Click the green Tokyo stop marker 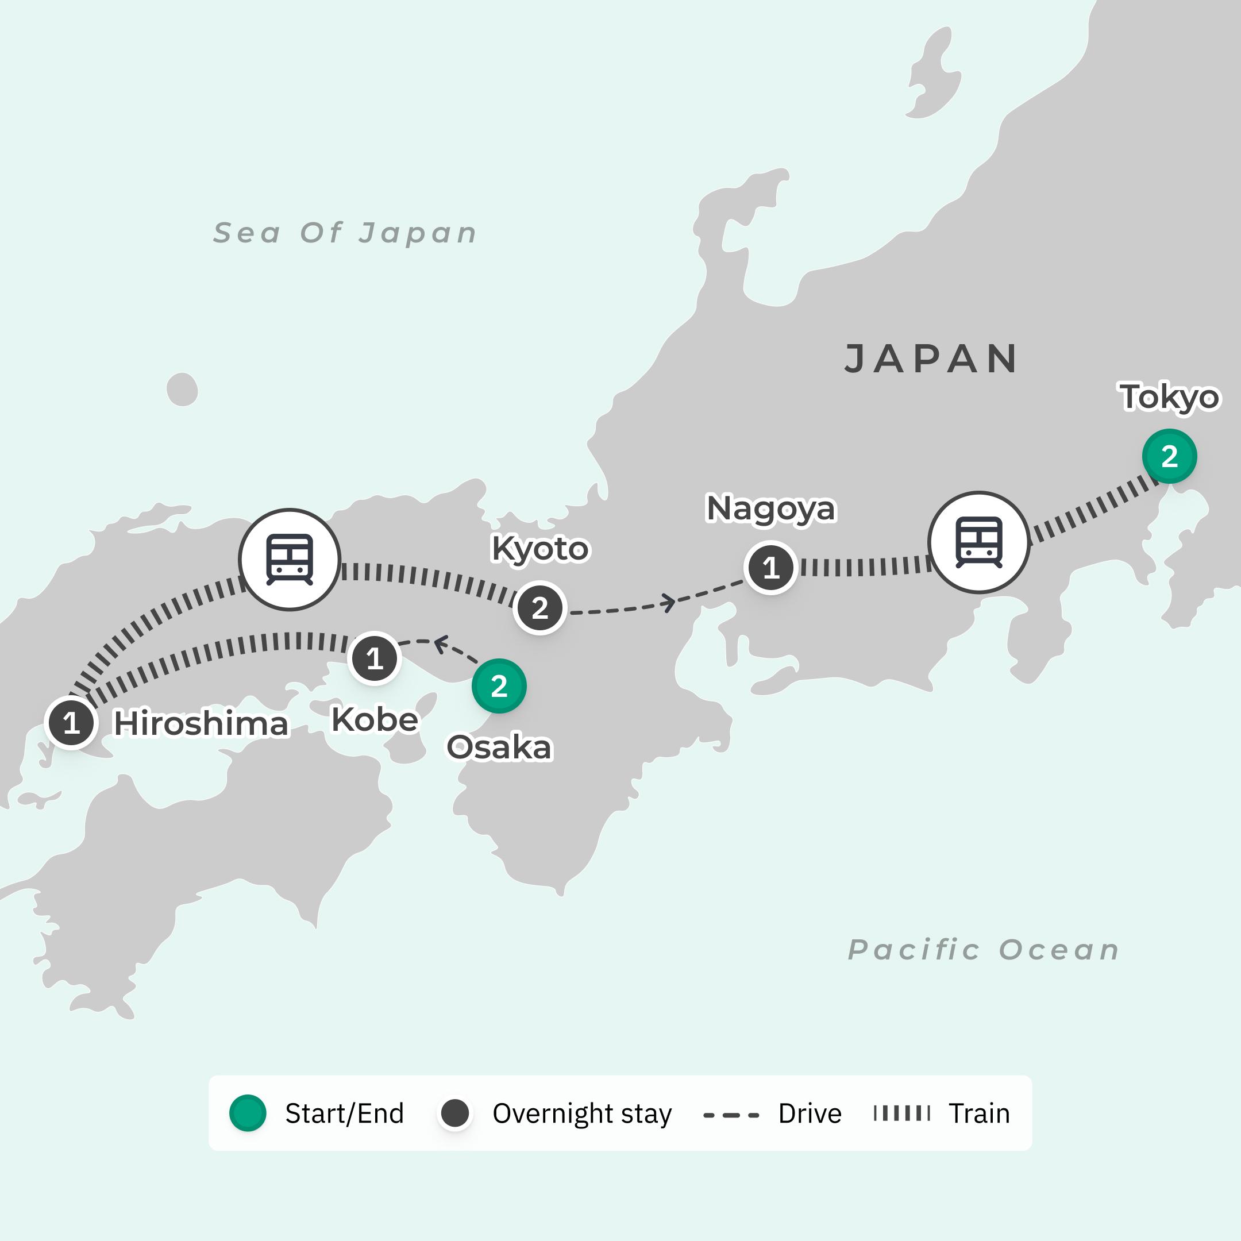1169,456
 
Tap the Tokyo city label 1170,397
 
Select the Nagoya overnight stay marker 771,568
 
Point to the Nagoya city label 771,508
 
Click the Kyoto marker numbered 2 539,608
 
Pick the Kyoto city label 539,549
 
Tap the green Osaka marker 499,686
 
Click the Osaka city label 499,747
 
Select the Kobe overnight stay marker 375,658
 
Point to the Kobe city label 375,719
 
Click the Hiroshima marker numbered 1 71,723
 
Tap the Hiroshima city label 201,724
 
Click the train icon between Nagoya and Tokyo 978,542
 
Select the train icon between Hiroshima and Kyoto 290,560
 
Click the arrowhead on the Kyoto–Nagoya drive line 669,603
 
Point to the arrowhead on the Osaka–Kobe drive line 441,643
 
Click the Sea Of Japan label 345,233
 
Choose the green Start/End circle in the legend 248,1113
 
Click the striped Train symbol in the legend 901,1113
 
